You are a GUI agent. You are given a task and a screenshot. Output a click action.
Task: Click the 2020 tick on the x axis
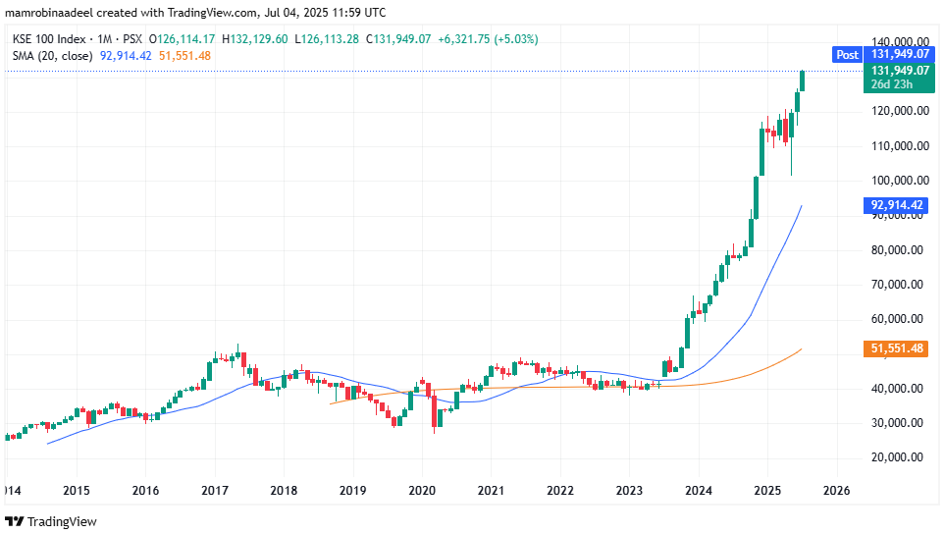pos(422,490)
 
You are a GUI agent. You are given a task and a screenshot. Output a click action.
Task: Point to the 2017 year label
pos(214,490)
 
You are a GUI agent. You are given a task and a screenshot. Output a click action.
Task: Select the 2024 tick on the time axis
pos(699,490)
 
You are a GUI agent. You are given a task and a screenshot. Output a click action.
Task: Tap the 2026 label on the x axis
pos(837,490)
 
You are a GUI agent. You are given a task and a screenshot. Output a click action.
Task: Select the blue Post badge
pos(846,55)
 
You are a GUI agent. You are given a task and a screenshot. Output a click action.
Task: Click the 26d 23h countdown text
pos(888,84)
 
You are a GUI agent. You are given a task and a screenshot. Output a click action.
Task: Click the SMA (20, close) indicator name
pos(53,56)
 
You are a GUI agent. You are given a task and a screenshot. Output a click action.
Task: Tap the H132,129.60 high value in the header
pos(256,39)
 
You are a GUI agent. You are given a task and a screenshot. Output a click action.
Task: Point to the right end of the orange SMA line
pos(802,348)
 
